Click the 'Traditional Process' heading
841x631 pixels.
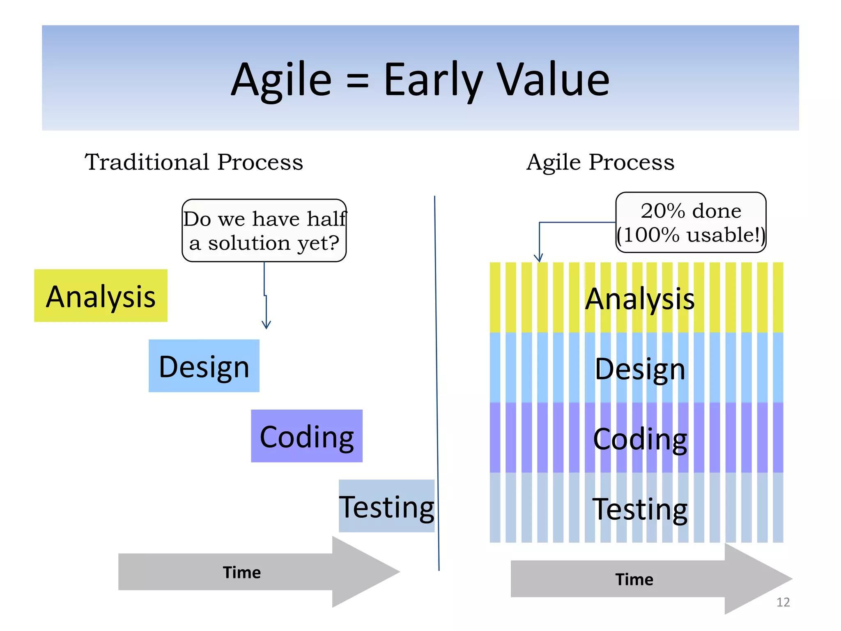pyautogui.click(x=194, y=162)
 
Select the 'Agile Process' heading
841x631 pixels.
pyautogui.click(x=600, y=162)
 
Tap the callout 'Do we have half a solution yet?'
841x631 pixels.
pyautogui.click(x=264, y=230)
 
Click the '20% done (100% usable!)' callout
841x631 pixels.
pyautogui.click(x=691, y=222)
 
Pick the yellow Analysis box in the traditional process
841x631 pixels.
pyautogui.click(x=101, y=296)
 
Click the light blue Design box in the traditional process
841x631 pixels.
pyautogui.click(x=204, y=366)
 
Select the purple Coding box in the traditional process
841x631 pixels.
pyautogui.click(x=306, y=436)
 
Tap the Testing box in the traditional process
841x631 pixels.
pyautogui.click(x=386, y=506)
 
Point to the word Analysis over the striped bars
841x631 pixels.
pyautogui.click(x=639, y=299)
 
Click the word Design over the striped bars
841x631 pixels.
pyautogui.click(x=639, y=369)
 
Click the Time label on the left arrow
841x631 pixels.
pyautogui.click(x=241, y=572)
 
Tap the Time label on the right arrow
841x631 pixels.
pyautogui.click(x=634, y=579)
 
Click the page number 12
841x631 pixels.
pyautogui.click(x=783, y=602)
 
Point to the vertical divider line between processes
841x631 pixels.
pyautogui.click(x=437, y=382)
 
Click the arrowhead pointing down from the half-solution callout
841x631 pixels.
pyautogui.click(x=266, y=325)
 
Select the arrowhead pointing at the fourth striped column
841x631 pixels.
pyautogui.click(x=538, y=258)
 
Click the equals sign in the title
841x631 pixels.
pyautogui.click(x=357, y=81)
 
